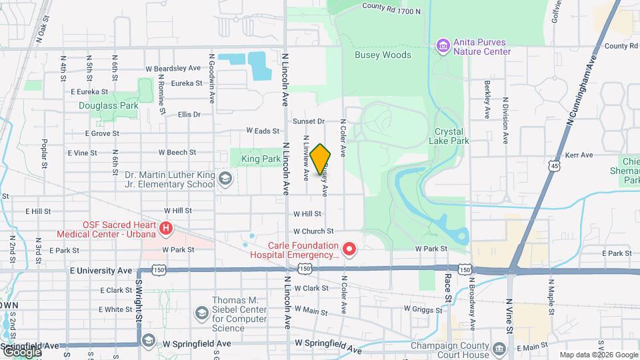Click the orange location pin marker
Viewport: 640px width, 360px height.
coord(321,159)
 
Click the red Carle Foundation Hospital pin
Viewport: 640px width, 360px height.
coord(349,250)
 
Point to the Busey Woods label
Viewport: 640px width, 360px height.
coord(383,55)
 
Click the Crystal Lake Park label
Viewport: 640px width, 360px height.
coord(452,136)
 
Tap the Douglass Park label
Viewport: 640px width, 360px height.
coord(108,105)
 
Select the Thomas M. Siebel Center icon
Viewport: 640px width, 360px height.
coord(201,313)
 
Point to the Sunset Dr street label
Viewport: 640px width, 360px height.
coord(309,121)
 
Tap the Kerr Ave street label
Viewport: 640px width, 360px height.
coord(579,155)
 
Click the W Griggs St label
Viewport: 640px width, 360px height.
coord(425,309)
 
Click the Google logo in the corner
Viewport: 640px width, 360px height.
coord(21,351)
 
